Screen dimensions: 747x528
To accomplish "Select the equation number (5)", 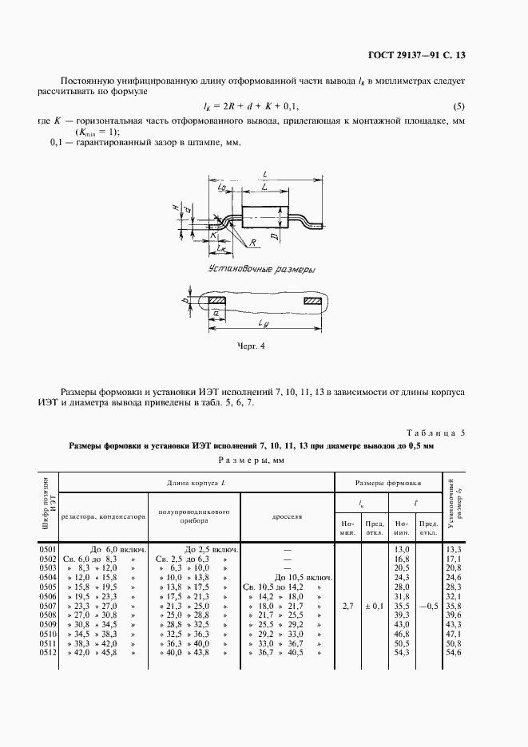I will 459,106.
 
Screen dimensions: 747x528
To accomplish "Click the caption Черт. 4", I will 251,346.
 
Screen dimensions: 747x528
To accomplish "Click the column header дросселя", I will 288,516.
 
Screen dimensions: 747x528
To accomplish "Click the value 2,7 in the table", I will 347,606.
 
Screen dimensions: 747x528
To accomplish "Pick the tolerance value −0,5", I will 428,606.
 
